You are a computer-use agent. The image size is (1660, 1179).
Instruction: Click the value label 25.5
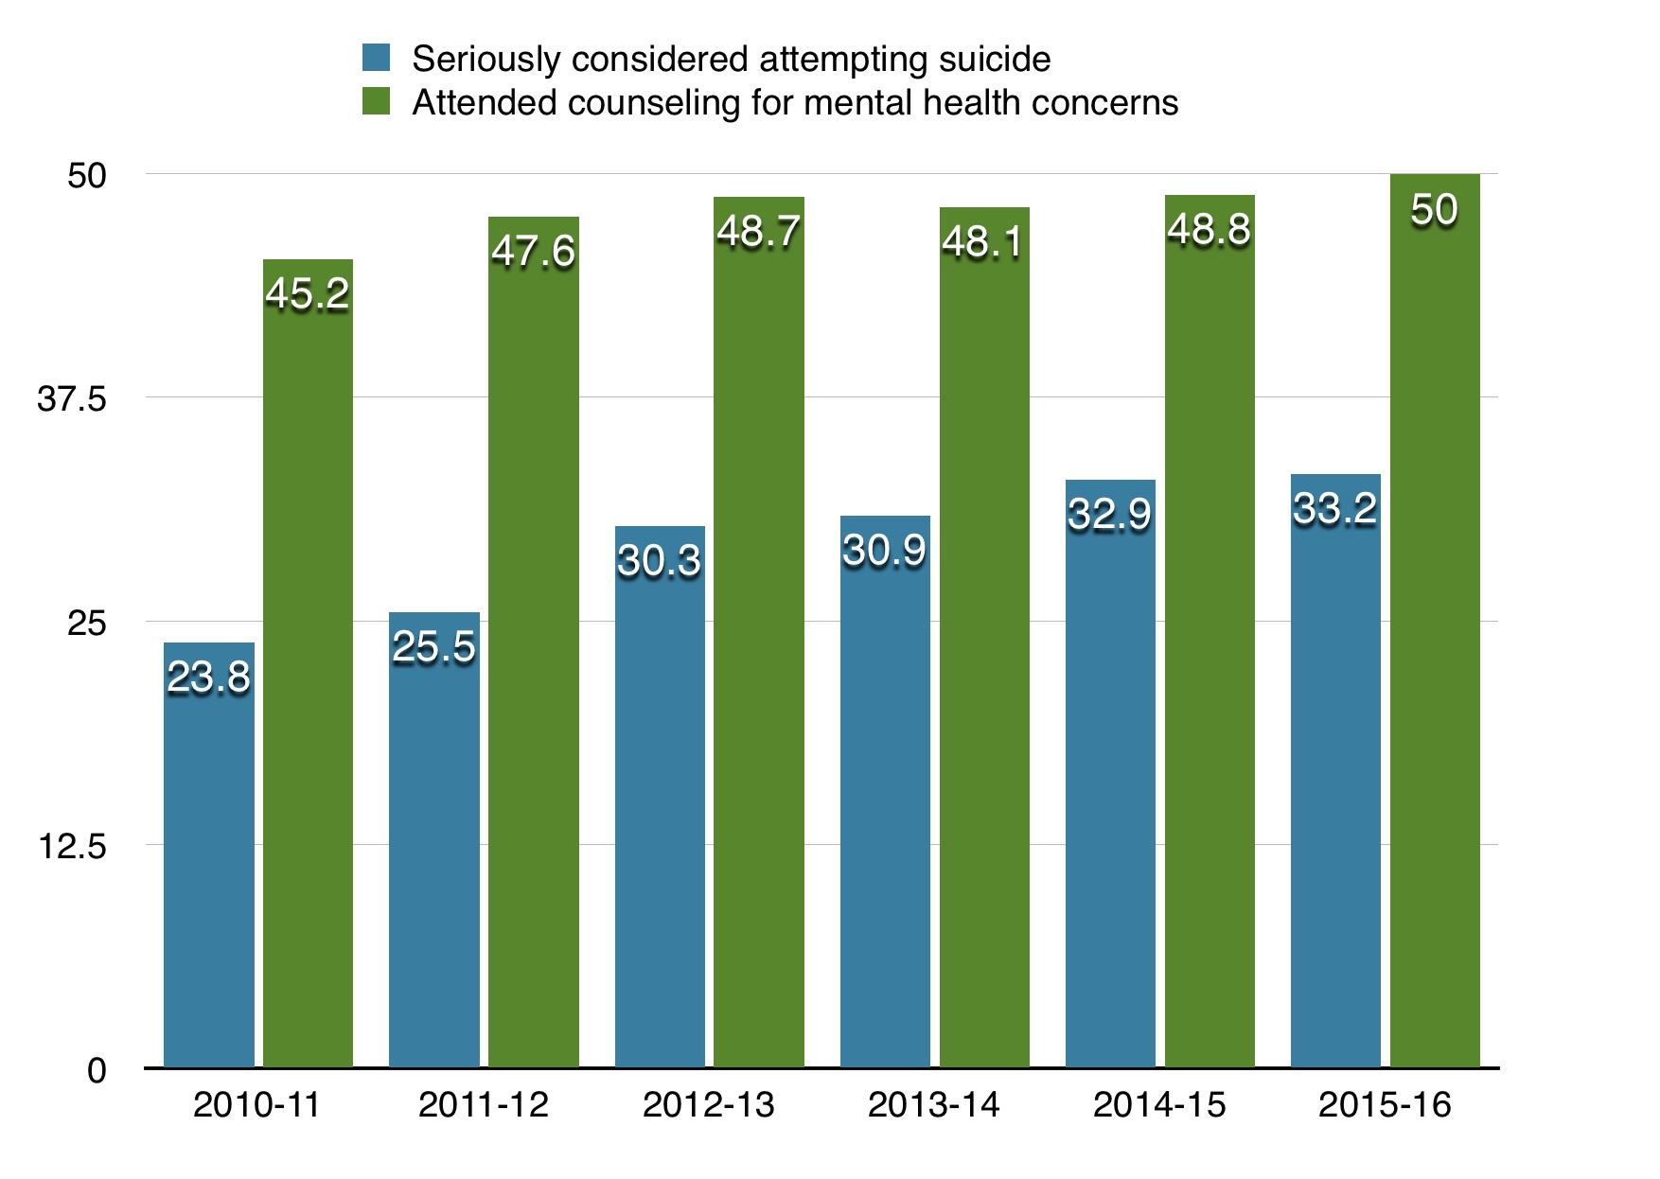pyautogui.click(x=433, y=647)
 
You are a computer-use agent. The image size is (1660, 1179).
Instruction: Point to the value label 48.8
pyautogui.click(x=1209, y=230)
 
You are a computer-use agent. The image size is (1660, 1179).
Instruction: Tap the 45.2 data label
pyautogui.click(x=308, y=294)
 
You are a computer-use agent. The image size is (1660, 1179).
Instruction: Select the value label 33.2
pyautogui.click(x=1334, y=509)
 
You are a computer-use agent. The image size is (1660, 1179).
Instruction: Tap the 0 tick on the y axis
pyautogui.click(x=97, y=1070)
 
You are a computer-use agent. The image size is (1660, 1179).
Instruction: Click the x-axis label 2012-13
pyautogui.click(x=708, y=1105)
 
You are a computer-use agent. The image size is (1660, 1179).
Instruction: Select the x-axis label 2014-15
pyautogui.click(x=1158, y=1105)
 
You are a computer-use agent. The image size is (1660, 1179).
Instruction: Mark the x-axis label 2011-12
pyautogui.click(x=483, y=1105)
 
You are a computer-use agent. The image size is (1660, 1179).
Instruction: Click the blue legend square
pyautogui.click(x=376, y=59)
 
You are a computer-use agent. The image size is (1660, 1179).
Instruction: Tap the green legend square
pyautogui.click(x=376, y=102)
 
